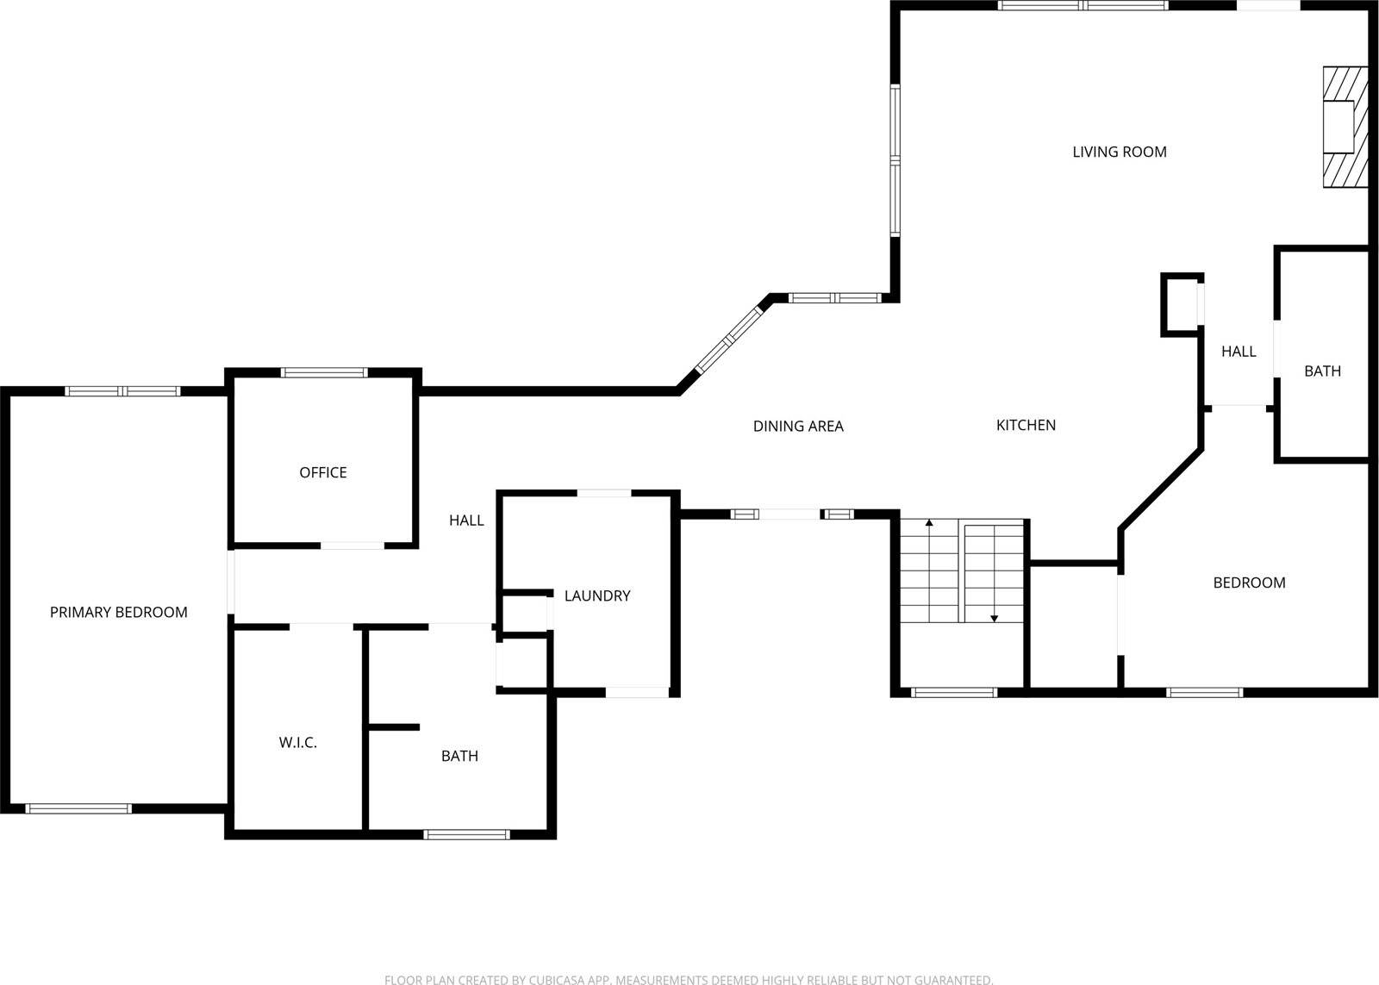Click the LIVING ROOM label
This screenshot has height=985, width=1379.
tap(1119, 152)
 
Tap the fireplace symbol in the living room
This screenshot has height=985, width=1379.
tap(1345, 127)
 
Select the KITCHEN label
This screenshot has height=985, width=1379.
tap(1026, 425)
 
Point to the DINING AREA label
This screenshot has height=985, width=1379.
tap(798, 426)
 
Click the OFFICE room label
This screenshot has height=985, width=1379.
tap(322, 472)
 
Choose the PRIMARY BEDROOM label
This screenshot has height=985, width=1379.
tap(118, 612)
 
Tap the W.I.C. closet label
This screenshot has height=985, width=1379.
tap(297, 742)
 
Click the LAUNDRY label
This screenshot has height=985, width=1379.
tap(597, 595)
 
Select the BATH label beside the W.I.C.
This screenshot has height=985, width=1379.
tap(459, 756)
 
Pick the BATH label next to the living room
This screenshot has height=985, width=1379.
tap(1322, 371)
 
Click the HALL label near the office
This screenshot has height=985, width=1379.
tap(466, 520)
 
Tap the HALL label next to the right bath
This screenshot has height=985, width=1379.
tap(1239, 351)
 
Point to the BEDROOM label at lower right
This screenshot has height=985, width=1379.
tap(1249, 583)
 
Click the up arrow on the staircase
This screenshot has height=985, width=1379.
tap(929, 524)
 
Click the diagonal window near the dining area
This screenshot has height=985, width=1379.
tap(730, 340)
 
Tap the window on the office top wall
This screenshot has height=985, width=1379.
tap(324, 372)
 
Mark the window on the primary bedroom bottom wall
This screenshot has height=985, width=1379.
tap(78, 808)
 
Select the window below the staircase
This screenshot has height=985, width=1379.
tap(954, 692)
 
